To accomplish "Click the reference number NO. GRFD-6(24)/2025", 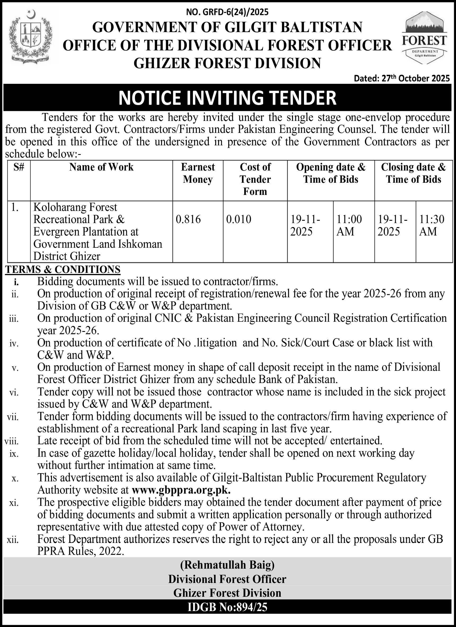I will click(227, 12).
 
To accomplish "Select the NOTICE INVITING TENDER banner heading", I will click(228, 98).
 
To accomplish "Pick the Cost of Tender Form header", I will click(255, 179).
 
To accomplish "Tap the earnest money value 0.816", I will click(188, 219).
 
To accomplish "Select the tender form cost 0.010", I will click(239, 219).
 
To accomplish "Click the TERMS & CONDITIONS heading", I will click(63, 269).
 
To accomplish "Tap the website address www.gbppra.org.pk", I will click(181, 490).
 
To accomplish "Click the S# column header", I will click(19, 167).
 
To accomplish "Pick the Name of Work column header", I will click(101, 167).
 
